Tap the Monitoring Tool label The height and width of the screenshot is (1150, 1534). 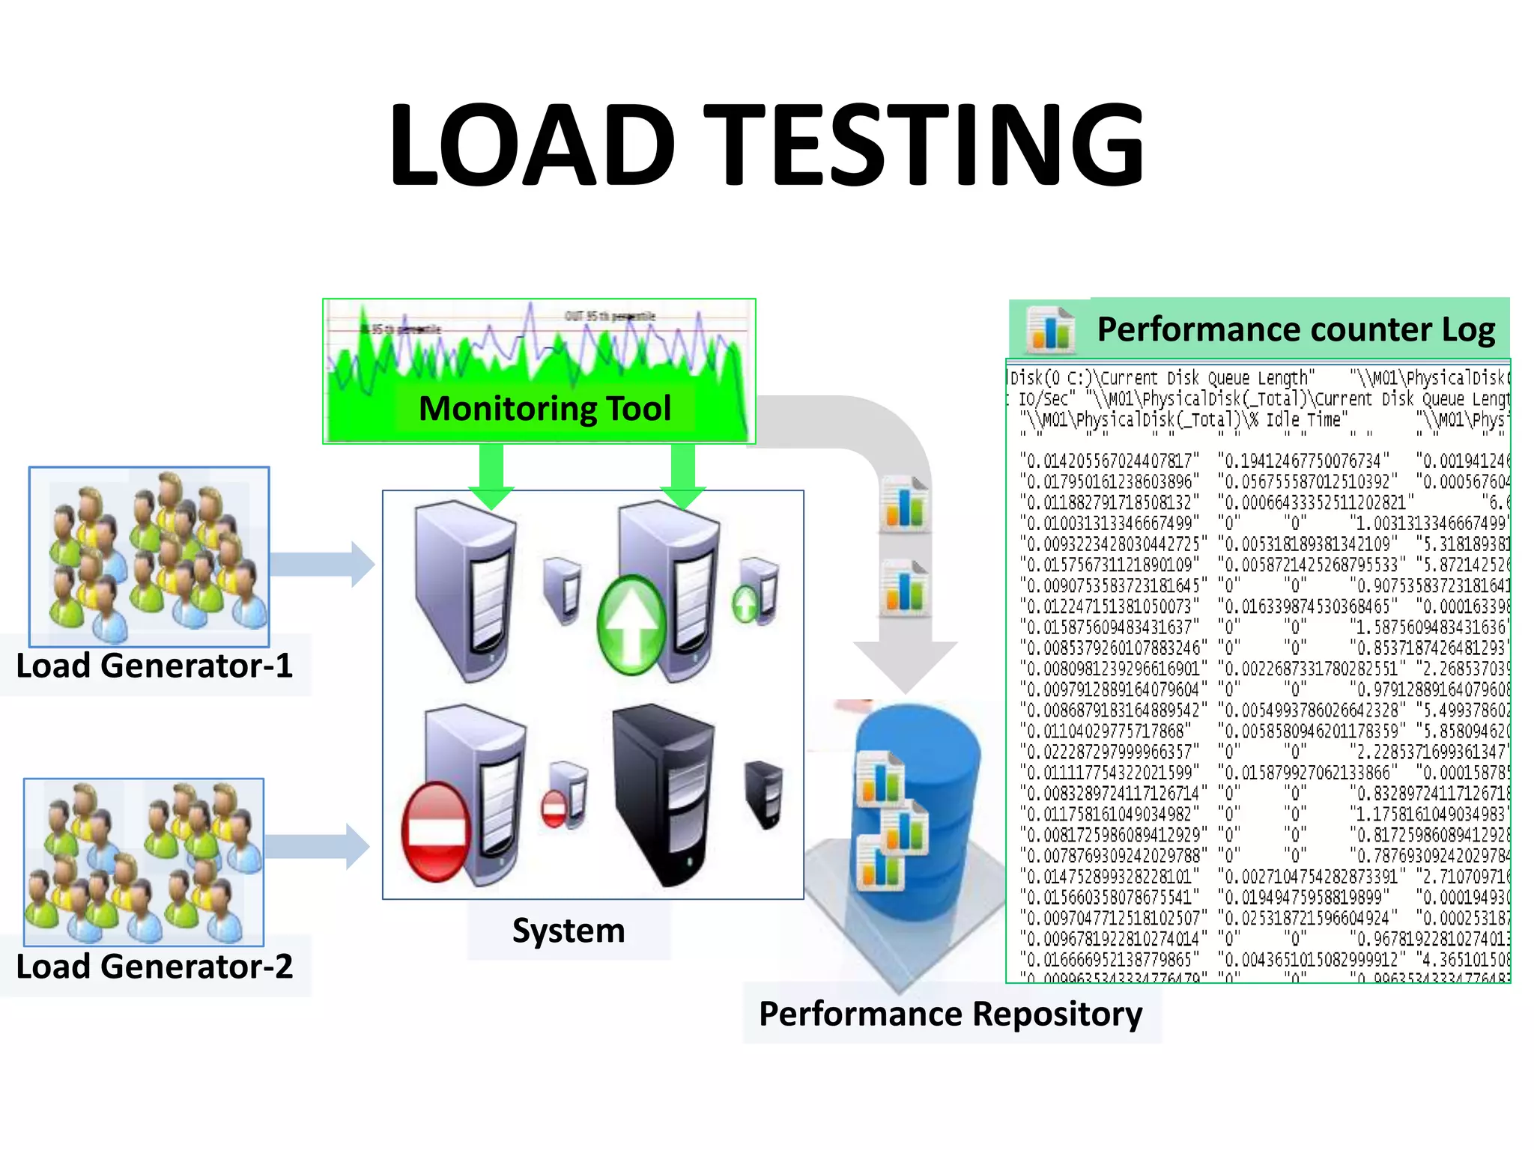pos(545,409)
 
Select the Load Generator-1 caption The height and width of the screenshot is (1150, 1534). pos(154,666)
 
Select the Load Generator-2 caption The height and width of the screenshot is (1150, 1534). pos(154,967)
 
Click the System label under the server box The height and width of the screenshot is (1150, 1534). pos(569,931)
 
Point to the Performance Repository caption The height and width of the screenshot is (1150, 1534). pos(951,1014)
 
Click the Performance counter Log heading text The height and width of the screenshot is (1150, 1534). pos(1296,329)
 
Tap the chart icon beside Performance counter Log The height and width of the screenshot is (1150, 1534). pos(1050,329)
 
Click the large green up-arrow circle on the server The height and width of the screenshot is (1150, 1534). pos(631,624)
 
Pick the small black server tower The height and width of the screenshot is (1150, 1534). pos(765,794)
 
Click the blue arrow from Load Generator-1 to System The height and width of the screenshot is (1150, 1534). pos(322,564)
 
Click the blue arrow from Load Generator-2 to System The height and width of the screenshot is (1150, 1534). pos(318,846)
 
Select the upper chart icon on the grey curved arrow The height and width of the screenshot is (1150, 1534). pos(905,505)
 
